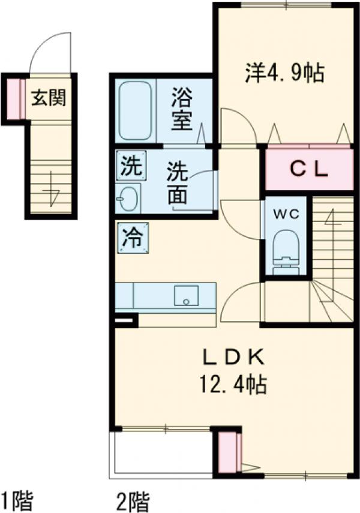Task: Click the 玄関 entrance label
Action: [x=49, y=97]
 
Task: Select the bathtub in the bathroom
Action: [x=136, y=110]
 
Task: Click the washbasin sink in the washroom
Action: [x=128, y=197]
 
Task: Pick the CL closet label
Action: [x=309, y=170]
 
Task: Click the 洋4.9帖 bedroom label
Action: [x=284, y=73]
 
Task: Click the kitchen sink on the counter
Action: [x=187, y=296]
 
